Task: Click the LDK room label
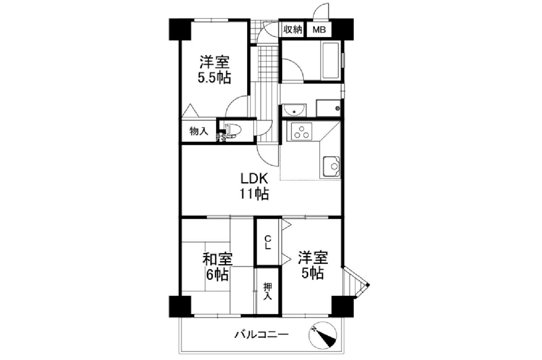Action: (254, 179)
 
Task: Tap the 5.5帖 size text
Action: (214, 78)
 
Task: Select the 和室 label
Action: (218, 259)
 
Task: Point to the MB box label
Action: (319, 30)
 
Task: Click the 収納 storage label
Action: (293, 30)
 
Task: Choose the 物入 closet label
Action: (199, 131)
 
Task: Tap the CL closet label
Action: (267, 242)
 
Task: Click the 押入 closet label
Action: (268, 291)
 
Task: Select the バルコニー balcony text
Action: (262, 335)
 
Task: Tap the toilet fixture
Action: (233, 131)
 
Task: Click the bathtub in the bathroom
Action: (330, 61)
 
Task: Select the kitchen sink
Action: (331, 167)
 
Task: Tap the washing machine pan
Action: (328, 108)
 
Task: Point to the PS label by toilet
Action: (221, 138)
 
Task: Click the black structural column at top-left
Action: (180, 29)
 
